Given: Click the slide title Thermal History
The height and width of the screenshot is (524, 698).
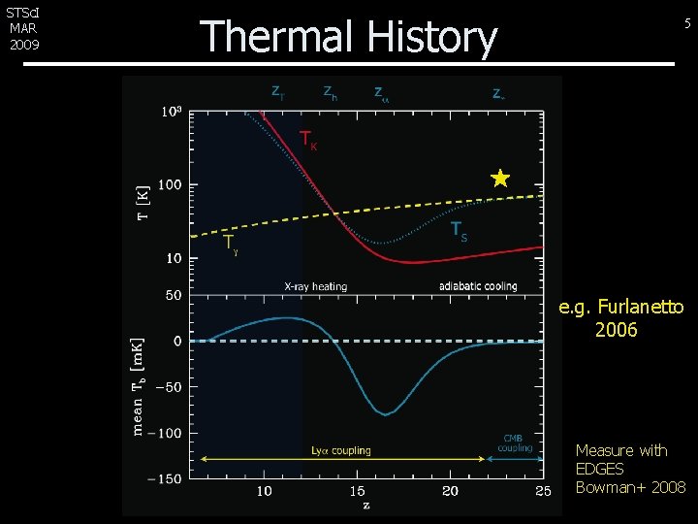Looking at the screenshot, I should [348, 37].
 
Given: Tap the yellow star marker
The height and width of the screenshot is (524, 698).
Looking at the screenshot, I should [499, 178].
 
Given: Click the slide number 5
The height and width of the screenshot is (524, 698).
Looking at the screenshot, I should [687, 24].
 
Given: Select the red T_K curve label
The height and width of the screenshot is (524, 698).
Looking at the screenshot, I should [308, 141].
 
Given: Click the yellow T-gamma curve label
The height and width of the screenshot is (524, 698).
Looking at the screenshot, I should [230, 244].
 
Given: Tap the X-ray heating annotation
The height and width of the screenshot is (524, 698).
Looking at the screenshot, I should [315, 286].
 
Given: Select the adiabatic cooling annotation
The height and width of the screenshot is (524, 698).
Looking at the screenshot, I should [478, 286].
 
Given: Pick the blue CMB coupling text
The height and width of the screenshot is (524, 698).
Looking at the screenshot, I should [514, 443].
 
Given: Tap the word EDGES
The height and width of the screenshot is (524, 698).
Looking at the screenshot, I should [599, 469].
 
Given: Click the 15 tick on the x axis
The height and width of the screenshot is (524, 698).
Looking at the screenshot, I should [357, 491].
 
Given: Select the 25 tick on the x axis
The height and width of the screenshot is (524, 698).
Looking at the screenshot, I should [543, 491].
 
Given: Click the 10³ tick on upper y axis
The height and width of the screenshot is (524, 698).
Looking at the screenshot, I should [171, 112].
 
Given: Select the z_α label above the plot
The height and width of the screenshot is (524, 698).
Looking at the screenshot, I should [381, 94].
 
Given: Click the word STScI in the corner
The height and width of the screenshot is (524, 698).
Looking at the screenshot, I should [21, 13].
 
